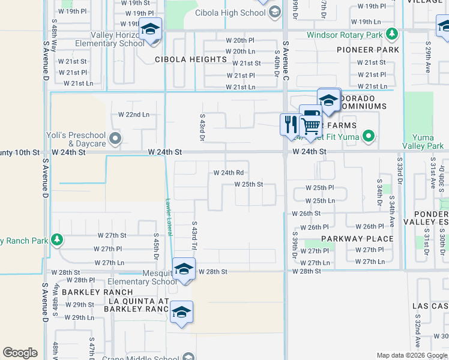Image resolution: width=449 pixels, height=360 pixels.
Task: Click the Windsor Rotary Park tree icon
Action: [392, 34]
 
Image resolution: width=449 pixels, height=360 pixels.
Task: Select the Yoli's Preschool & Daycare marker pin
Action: [115, 139]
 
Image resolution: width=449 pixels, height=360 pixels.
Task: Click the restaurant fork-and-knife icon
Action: [291, 124]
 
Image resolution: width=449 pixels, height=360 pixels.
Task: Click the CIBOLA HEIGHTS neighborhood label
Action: [190, 59]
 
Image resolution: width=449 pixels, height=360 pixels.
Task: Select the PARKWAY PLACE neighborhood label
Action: [357, 238]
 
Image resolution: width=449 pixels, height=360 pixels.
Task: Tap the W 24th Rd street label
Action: [228, 173]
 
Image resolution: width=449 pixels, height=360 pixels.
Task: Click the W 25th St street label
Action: [249, 184]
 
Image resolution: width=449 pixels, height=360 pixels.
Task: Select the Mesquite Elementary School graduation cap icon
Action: [184, 268]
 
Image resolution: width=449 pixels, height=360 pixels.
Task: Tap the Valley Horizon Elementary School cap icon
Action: [150, 29]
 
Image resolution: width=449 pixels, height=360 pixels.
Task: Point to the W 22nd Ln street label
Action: [133, 114]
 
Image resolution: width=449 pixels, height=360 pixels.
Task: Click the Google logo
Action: [20, 353]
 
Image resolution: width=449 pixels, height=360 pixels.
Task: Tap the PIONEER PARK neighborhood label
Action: [368, 50]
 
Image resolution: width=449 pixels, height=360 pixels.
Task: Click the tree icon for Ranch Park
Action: [57, 241]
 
